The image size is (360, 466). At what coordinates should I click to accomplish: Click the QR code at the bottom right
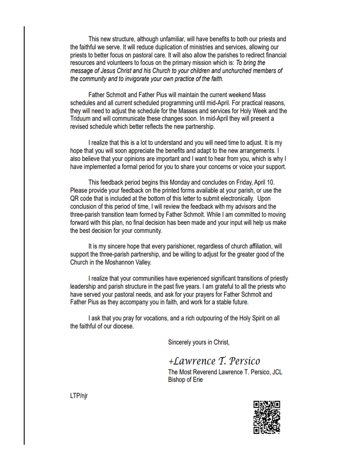click(267, 417)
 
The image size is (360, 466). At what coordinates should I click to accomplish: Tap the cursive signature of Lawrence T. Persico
click(214, 361)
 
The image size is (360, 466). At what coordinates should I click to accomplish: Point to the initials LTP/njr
click(79, 396)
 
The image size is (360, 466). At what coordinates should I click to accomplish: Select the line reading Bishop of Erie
click(185, 380)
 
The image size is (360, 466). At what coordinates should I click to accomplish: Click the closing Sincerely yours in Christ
click(199, 342)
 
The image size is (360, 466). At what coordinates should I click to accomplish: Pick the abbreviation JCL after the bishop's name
click(277, 372)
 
